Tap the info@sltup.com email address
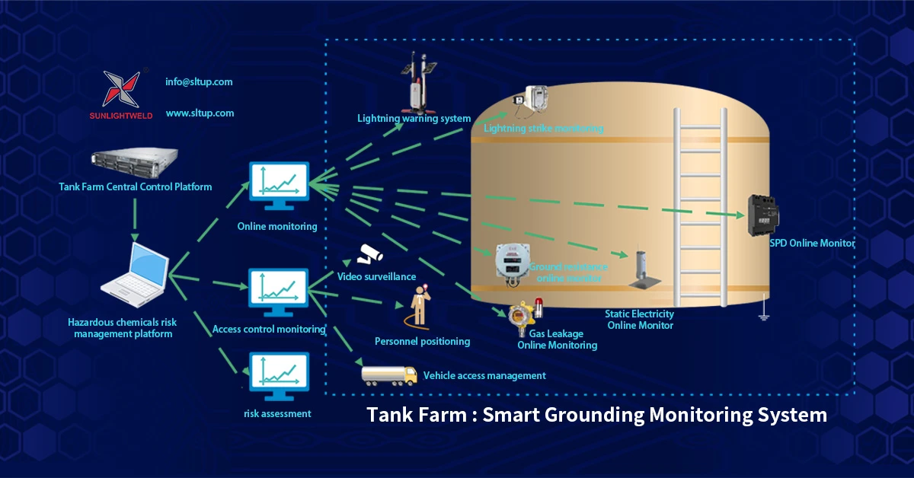[x=199, y=81]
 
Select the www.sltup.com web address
[x=200, y=113]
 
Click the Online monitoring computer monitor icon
[x=278, y=186]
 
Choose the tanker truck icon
[x=389, y=374]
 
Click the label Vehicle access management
[x=484, y=375]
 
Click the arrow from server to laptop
[x=134, y=217]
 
